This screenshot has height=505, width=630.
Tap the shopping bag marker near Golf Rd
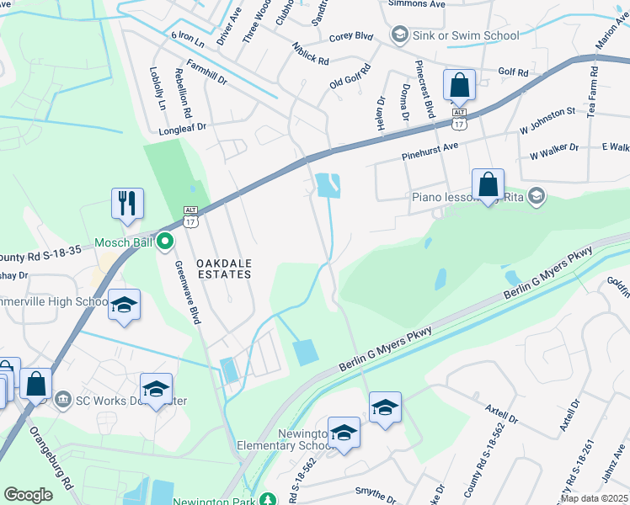point(459,86)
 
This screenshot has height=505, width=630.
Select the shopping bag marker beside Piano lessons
point(488,185)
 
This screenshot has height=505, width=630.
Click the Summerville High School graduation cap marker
point(124,306)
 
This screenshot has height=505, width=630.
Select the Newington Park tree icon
point(268,500)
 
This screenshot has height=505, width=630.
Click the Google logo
point(28,495)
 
